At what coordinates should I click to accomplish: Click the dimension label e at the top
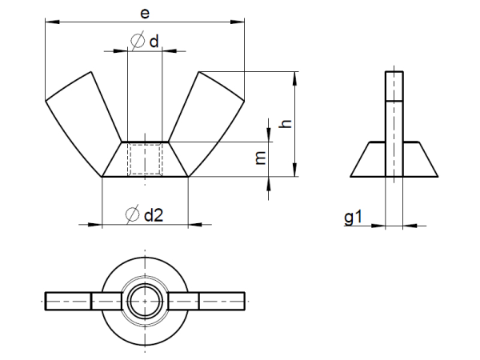tap(145, 14)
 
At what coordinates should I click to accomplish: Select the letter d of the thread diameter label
tap(154, 42)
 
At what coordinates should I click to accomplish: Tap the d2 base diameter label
tap(154, 215)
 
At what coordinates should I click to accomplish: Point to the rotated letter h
tap(286, 123)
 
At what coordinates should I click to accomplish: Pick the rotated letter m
tap(261, 158)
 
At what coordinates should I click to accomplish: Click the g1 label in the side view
tap(354, 217)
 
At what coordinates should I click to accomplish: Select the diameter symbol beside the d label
tap(138, 41)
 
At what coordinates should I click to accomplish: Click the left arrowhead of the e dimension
tap(52, 22)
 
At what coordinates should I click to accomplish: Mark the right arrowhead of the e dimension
tap(238, 22)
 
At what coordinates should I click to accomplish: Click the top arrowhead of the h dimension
tap(294, 78)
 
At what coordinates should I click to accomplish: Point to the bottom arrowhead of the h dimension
tap(294, 170)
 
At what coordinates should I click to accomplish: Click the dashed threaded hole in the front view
tap(145, 159)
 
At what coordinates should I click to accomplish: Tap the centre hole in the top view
tap(145, 301)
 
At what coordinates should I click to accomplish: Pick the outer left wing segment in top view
tap(68, 302)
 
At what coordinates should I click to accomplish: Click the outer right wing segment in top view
tap(222, 302)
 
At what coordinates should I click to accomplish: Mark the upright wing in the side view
tap(394, 124)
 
